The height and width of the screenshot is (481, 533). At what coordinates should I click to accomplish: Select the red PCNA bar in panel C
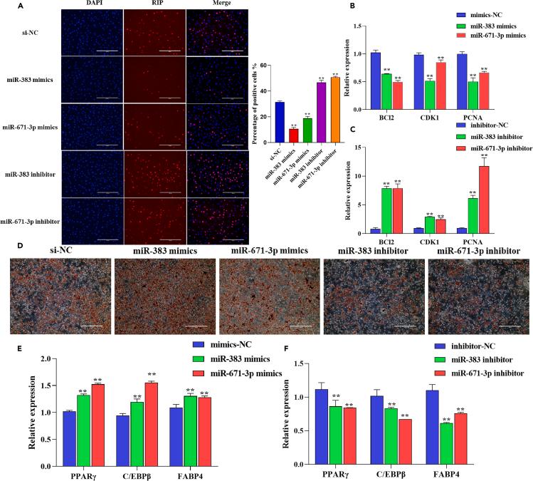click(485, 199)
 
